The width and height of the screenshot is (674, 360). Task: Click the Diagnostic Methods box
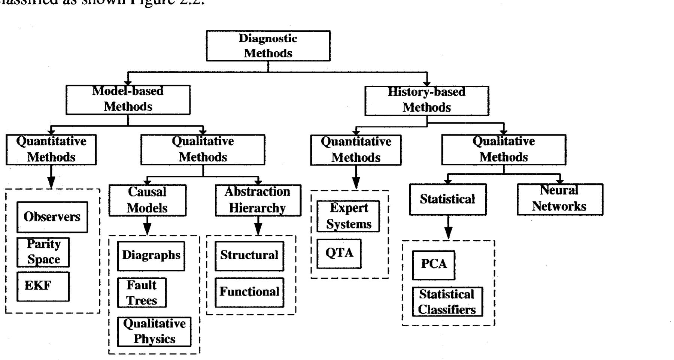(268, 46)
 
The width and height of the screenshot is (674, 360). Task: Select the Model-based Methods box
(128, 100)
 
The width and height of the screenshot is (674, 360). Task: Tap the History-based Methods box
(426, 100)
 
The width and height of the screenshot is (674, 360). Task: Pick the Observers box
(52, 217)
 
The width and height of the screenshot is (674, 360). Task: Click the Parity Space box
(43, 252)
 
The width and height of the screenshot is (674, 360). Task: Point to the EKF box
(43, 286)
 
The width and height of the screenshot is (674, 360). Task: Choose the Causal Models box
(147, 200)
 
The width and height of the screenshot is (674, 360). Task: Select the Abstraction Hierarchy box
(258, 200)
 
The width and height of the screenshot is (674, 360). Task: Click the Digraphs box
(151, 256)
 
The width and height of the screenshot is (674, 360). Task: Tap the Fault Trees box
(142, 293)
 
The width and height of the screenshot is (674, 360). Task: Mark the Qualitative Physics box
(154, 332)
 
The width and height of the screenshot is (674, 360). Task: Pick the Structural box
(249, 256)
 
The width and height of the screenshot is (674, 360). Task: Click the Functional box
(249, 292)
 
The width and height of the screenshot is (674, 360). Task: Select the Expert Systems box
(348, 216)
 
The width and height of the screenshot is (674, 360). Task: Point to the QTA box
(339, 254)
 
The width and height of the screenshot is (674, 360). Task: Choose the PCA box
(434, 265)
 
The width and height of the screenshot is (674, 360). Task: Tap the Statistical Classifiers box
(447, 302)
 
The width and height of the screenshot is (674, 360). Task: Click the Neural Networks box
(560, 199)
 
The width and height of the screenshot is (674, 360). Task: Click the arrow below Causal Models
(147, 226)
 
